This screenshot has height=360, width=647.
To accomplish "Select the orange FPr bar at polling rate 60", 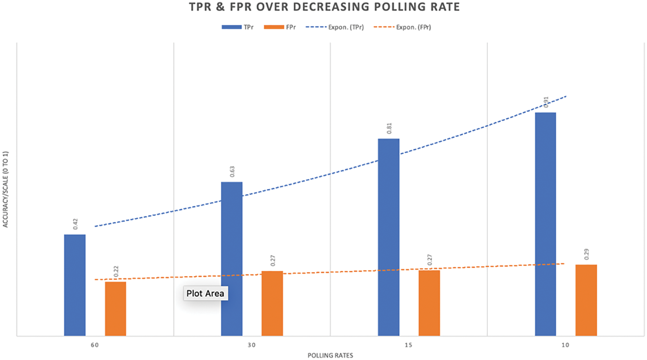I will coord(116,309).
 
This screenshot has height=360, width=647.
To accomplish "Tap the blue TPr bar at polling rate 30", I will coord(232,259).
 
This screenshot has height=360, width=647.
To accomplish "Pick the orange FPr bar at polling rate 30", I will coord(272,303).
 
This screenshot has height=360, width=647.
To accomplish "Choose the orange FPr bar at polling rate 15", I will coord(429,303).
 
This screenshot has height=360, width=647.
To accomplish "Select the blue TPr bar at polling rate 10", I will coord(546,224).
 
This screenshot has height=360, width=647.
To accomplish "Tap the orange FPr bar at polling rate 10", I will coord(586,300).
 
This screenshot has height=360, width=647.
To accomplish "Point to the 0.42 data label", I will coord(75,224).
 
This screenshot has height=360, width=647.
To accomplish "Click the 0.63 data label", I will coord(232,172).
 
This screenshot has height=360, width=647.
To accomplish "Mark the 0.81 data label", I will coord(389,128).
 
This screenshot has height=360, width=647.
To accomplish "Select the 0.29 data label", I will coord(586,254).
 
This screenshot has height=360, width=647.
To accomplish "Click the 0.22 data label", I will coord(116,271).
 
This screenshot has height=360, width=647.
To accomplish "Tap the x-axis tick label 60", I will coord(95,345).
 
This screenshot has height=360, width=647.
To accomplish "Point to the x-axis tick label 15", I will coord(408,345).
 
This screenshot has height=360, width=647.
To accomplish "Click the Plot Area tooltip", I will coord(206,294).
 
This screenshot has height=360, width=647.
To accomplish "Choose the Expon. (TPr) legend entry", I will coord(335,27).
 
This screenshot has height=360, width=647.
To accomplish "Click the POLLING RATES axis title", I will coord(330,356).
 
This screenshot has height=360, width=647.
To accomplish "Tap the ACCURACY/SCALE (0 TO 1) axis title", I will coord(6,189).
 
